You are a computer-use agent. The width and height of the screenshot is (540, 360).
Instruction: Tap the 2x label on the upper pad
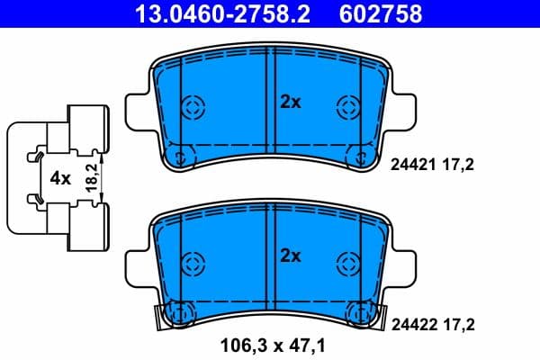(289, 103)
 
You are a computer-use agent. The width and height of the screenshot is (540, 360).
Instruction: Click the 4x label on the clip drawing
(60, 178)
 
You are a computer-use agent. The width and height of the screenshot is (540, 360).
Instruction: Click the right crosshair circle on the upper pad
(347, 107)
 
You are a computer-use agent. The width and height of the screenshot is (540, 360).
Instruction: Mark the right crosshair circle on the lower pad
(347, 265)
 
